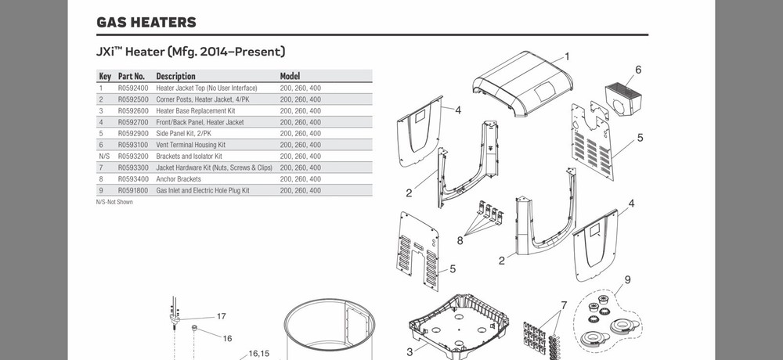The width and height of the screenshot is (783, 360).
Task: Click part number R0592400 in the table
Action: click(x=132, y=88)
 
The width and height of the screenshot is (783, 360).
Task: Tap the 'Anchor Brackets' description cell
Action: click(x=179, y=179)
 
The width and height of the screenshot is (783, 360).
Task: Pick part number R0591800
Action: click(x=132, y=190)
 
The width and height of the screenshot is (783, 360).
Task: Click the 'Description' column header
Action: click(x=175, y=77)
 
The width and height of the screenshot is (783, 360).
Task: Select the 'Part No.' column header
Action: click(x=132, y=77)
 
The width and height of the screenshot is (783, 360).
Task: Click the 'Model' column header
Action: click(x=290, y=77)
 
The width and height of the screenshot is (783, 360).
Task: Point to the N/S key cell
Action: click(x=104, y=157)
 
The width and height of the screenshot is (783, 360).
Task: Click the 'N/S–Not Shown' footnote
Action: click(x=114, y=202)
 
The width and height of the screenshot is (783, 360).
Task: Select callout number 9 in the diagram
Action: click(x=627, y=280)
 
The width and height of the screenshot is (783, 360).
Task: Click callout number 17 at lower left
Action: click(x=222, y=317)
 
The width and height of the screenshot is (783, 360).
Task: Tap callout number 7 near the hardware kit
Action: click(x=563, y=304)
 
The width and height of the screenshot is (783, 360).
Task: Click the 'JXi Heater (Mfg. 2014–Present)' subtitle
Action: click(x=190, y=52)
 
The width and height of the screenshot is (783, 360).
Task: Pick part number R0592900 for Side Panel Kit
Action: click(x=132, y=134)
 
